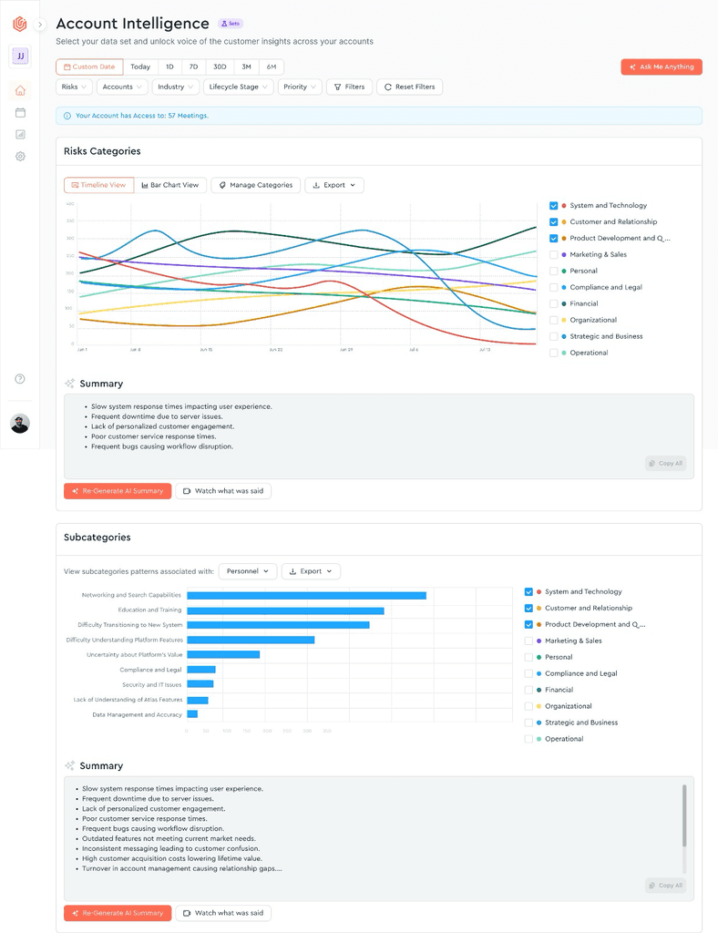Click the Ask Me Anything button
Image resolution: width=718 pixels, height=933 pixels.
click(x=662, y=67)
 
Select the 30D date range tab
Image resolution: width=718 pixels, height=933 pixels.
click(x=220, y=67)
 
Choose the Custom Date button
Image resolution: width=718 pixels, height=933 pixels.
click(x=89, y=67)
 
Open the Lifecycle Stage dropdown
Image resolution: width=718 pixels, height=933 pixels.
click(x=238, y=87)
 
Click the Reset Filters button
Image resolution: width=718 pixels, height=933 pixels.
click(x=409, y=87)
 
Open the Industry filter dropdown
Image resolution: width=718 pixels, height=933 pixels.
click(x=175, y=87)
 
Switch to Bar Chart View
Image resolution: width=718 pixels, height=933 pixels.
click(x=170, y=185)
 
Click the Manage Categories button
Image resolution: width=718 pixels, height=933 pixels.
click(x=255, y=185)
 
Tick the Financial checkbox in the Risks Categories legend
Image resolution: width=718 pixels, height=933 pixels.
click(x=553, y=303)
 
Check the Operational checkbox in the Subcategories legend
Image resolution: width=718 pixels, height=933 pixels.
click(x=528, y=739)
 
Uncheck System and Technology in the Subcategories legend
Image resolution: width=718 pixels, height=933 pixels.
click(x=528, y=592)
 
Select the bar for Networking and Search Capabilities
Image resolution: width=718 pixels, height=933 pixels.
click(x=306, y=596)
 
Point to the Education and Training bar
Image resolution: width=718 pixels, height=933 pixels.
click(x=285, y=610)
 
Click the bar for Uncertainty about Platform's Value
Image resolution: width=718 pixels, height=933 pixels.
click(x=223, y=655)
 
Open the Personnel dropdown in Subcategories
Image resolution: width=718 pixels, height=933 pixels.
click(x=248, y=571)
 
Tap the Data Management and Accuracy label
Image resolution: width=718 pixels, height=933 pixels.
click(x=138, y=715)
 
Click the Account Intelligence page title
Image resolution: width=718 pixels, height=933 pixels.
click(x=133, y=24)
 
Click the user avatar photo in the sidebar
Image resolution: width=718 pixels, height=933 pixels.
click(x=20, y=423)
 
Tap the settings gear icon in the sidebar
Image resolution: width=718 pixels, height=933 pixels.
click(x=20, y=157)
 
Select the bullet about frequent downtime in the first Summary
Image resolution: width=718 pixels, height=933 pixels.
click(x=156, y=416)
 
